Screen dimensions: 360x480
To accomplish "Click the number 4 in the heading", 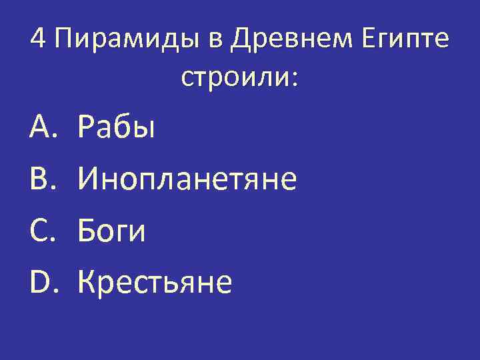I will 39,40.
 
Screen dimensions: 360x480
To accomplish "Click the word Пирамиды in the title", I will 127,41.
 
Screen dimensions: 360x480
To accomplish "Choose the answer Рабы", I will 117,127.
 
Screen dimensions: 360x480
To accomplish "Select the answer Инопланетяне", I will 187,179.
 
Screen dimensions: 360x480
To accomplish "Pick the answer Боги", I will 111,231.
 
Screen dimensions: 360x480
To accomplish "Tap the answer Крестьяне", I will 155,283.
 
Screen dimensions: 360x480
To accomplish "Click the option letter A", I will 41,127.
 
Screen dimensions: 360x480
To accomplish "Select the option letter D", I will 41,283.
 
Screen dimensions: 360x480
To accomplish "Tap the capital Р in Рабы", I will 87,127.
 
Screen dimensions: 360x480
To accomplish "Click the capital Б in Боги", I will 87,231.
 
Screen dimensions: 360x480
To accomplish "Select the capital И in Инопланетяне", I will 89,179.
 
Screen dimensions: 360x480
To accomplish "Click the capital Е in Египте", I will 369,40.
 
